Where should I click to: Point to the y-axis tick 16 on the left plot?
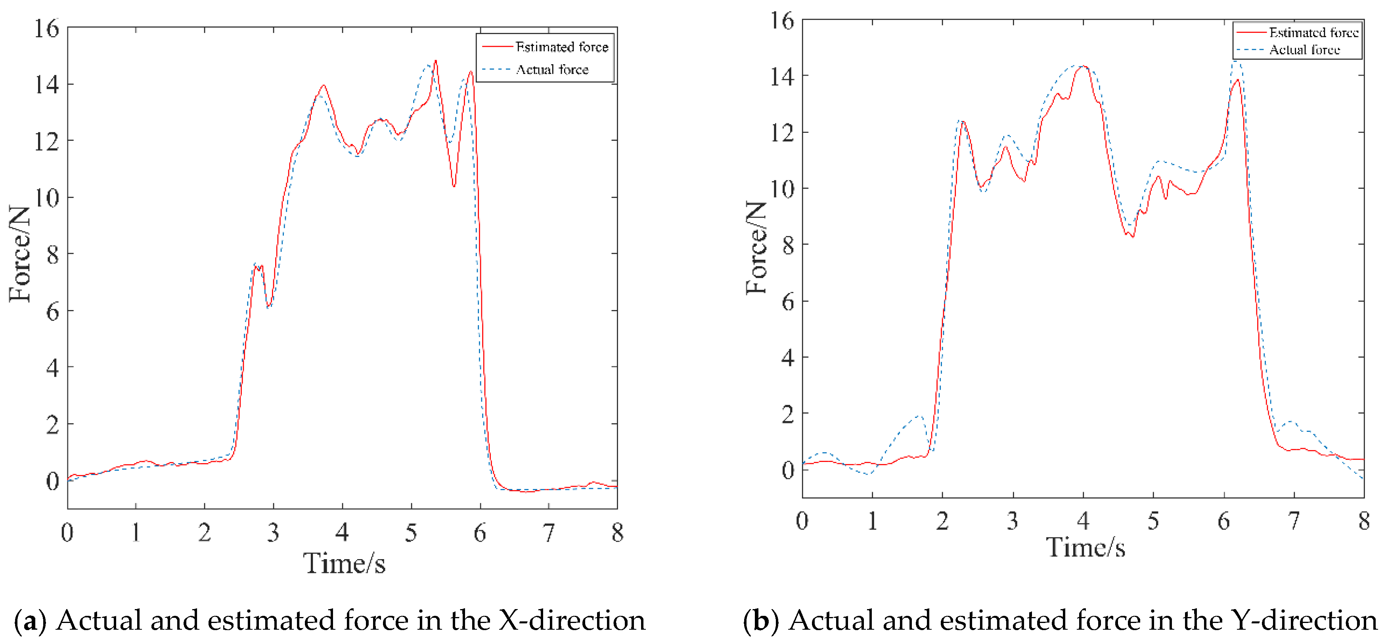coord(47,29)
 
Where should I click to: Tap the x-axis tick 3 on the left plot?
coord(273,533)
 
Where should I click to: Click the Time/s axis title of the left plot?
coord(345,563)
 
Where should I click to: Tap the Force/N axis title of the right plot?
coord(756,247)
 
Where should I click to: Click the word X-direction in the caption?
coord(571,621)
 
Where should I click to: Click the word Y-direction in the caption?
coord(1304,621)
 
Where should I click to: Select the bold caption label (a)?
coord(30,621)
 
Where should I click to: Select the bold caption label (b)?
coord(761,621)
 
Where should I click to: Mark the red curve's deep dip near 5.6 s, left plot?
coord(454,186)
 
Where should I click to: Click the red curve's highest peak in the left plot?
coord(435,61)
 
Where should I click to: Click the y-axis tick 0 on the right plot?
coord(788,470)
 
